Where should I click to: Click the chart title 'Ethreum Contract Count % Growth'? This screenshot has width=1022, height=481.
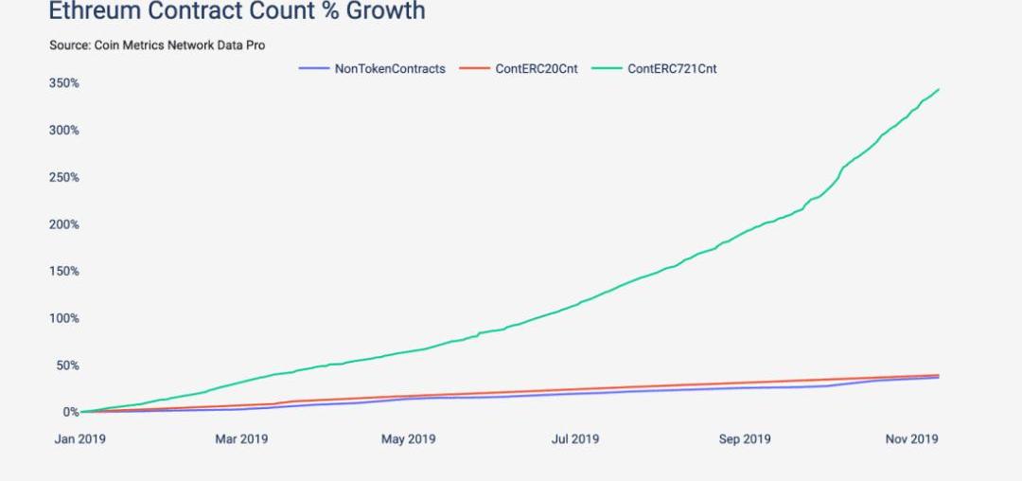tap(237, 11)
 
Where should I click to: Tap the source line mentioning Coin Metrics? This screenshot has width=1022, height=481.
tap(157, 45)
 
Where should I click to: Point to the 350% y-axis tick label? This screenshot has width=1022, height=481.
tap(64, 83)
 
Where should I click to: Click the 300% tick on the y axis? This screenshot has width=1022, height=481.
tap(64, 130)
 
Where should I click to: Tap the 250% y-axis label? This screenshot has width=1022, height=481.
tap(64, 177)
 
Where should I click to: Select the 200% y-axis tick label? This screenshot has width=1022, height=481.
tap(64, 224)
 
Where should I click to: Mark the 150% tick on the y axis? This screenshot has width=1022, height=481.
tap(64, 271)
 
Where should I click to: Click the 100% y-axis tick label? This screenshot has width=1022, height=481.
tap(64, 318)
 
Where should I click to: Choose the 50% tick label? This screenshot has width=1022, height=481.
tap(67, 365)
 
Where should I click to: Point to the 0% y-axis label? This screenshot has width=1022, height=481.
tap(71, 412)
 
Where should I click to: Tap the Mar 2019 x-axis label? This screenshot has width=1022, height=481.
tap(241, 439)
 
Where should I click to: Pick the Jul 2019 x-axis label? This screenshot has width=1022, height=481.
tap(574, 439)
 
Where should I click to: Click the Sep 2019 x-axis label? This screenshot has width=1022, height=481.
tap(744, 439)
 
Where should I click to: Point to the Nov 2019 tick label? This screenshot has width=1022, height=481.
tap(911, 439)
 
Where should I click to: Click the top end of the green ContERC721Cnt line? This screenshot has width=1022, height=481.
tap(939, 89)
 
